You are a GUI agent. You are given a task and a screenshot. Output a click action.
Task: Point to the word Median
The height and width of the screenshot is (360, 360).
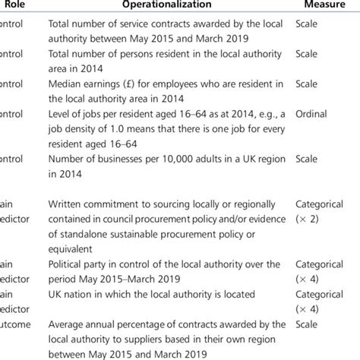click(x=66, y=84)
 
